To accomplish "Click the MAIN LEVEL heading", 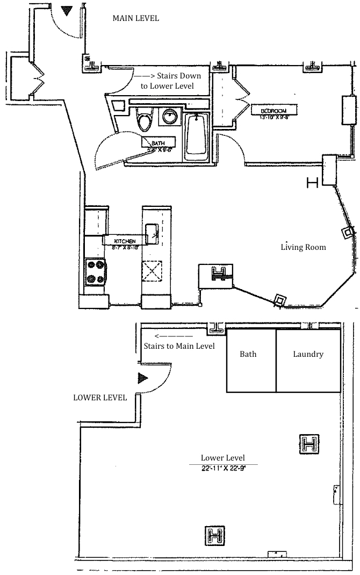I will click(x=135, y=18).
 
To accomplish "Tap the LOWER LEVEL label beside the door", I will click(x=100, y=398).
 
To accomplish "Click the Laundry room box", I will click(x=308, y=355).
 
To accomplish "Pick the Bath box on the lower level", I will click(x=248, y=355).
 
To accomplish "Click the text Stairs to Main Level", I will click(x=179, y=346).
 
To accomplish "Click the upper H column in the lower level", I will click(x=309, y=444).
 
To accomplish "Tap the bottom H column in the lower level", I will click(x=216, y=535).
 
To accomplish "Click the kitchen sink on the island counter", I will click(x=151, y=233).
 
